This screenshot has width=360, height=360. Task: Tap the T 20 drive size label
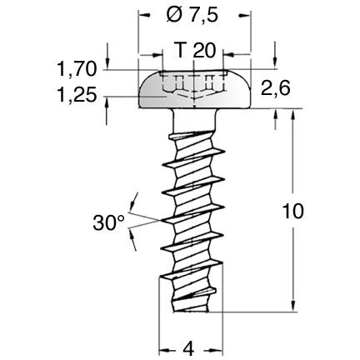(x=193, y=51)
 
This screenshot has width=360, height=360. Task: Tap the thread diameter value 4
(x=191, y=346)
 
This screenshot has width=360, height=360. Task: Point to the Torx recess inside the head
(x=193, y=84)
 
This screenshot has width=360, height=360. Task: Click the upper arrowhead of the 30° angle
(x=132, y=201)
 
